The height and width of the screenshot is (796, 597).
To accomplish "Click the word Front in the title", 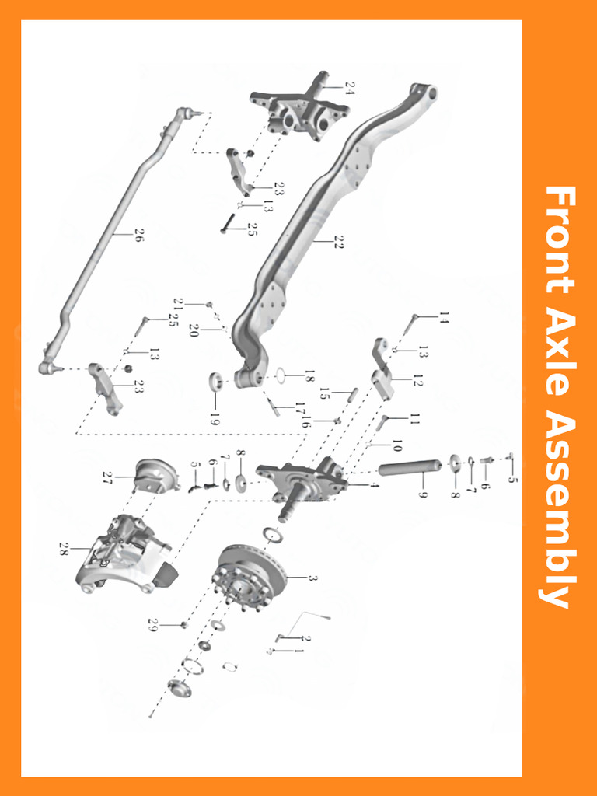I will click(x=559, y=239).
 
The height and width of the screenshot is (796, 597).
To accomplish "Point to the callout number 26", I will click(x=139, y=235).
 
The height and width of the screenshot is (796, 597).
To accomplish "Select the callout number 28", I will click(x=64, y=549).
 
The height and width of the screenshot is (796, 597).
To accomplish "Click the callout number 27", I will click(x=108, y=477).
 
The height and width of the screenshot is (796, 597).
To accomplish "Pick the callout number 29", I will click(x=153, y=624).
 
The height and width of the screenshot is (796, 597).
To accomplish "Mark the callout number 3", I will click(x=312, y=578).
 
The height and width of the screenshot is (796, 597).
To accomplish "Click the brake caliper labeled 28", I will click(x=124, y=552).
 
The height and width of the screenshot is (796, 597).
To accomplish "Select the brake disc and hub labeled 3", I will click(x=249, y=579).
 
